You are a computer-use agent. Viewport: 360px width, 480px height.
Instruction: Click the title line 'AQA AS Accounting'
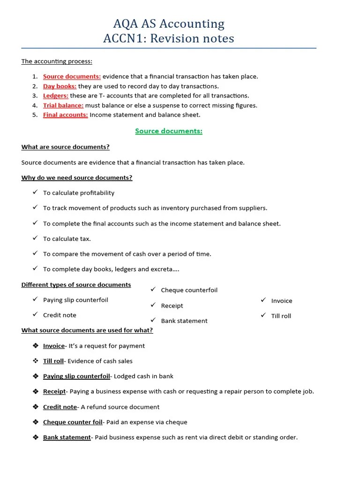(169, 23)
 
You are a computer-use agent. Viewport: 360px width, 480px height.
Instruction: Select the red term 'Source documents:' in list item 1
(72, 76)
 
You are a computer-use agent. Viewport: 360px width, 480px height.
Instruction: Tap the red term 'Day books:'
(60, 86)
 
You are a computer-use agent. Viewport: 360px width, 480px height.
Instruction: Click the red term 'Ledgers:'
(56, 96)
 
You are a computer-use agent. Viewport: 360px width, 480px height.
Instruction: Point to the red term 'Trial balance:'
(63, 105)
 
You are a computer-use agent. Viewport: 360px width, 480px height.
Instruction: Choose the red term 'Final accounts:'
(65, 115)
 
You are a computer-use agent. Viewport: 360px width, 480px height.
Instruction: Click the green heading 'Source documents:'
(169, 131)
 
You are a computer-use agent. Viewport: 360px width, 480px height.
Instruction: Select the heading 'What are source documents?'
(66, 147)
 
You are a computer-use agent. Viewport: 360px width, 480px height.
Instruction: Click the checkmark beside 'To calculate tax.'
(35, 238)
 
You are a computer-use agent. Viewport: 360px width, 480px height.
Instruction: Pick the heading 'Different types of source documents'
(76, 285)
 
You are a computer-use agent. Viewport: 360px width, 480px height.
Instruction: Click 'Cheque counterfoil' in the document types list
(189, 290)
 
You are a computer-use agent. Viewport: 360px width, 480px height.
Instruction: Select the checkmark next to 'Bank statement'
(153, 320)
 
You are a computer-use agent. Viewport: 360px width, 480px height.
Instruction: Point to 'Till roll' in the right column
(281, 316)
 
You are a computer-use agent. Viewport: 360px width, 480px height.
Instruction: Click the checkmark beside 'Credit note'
(35, 315)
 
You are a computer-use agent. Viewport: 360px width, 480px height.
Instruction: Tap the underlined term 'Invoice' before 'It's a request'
(54, 346)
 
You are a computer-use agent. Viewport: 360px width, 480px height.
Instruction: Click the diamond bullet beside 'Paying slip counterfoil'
(35, 376)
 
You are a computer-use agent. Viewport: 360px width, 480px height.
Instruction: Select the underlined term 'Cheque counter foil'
(73, 422)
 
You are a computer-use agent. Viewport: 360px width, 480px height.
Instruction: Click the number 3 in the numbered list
(35, 96)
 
